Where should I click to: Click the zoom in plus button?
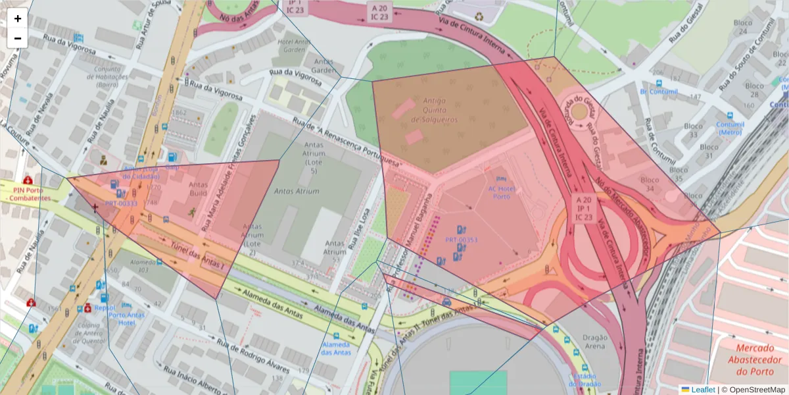(x=18, y=18)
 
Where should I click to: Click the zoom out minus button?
(x=18, y=38)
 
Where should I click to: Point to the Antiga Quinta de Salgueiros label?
(x=428, y=110)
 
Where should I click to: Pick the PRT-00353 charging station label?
(x=461, y=240)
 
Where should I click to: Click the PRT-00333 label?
(x=121, y=203)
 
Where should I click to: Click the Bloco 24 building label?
(x=743, y=27)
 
